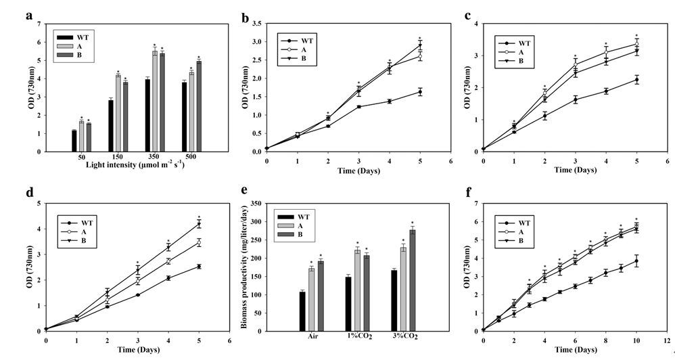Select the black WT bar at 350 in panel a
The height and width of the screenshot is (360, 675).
147,115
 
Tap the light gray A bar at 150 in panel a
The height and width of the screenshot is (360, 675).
118,113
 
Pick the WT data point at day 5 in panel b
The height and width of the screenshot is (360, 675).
420,92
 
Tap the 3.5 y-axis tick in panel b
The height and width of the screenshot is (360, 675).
257,24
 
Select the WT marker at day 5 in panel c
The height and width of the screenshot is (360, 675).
636,79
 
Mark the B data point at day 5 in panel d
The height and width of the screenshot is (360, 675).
199,223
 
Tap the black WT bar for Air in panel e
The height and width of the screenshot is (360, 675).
302,311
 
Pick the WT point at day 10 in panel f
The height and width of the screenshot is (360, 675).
636,261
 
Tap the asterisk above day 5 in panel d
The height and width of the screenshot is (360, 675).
199,212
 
